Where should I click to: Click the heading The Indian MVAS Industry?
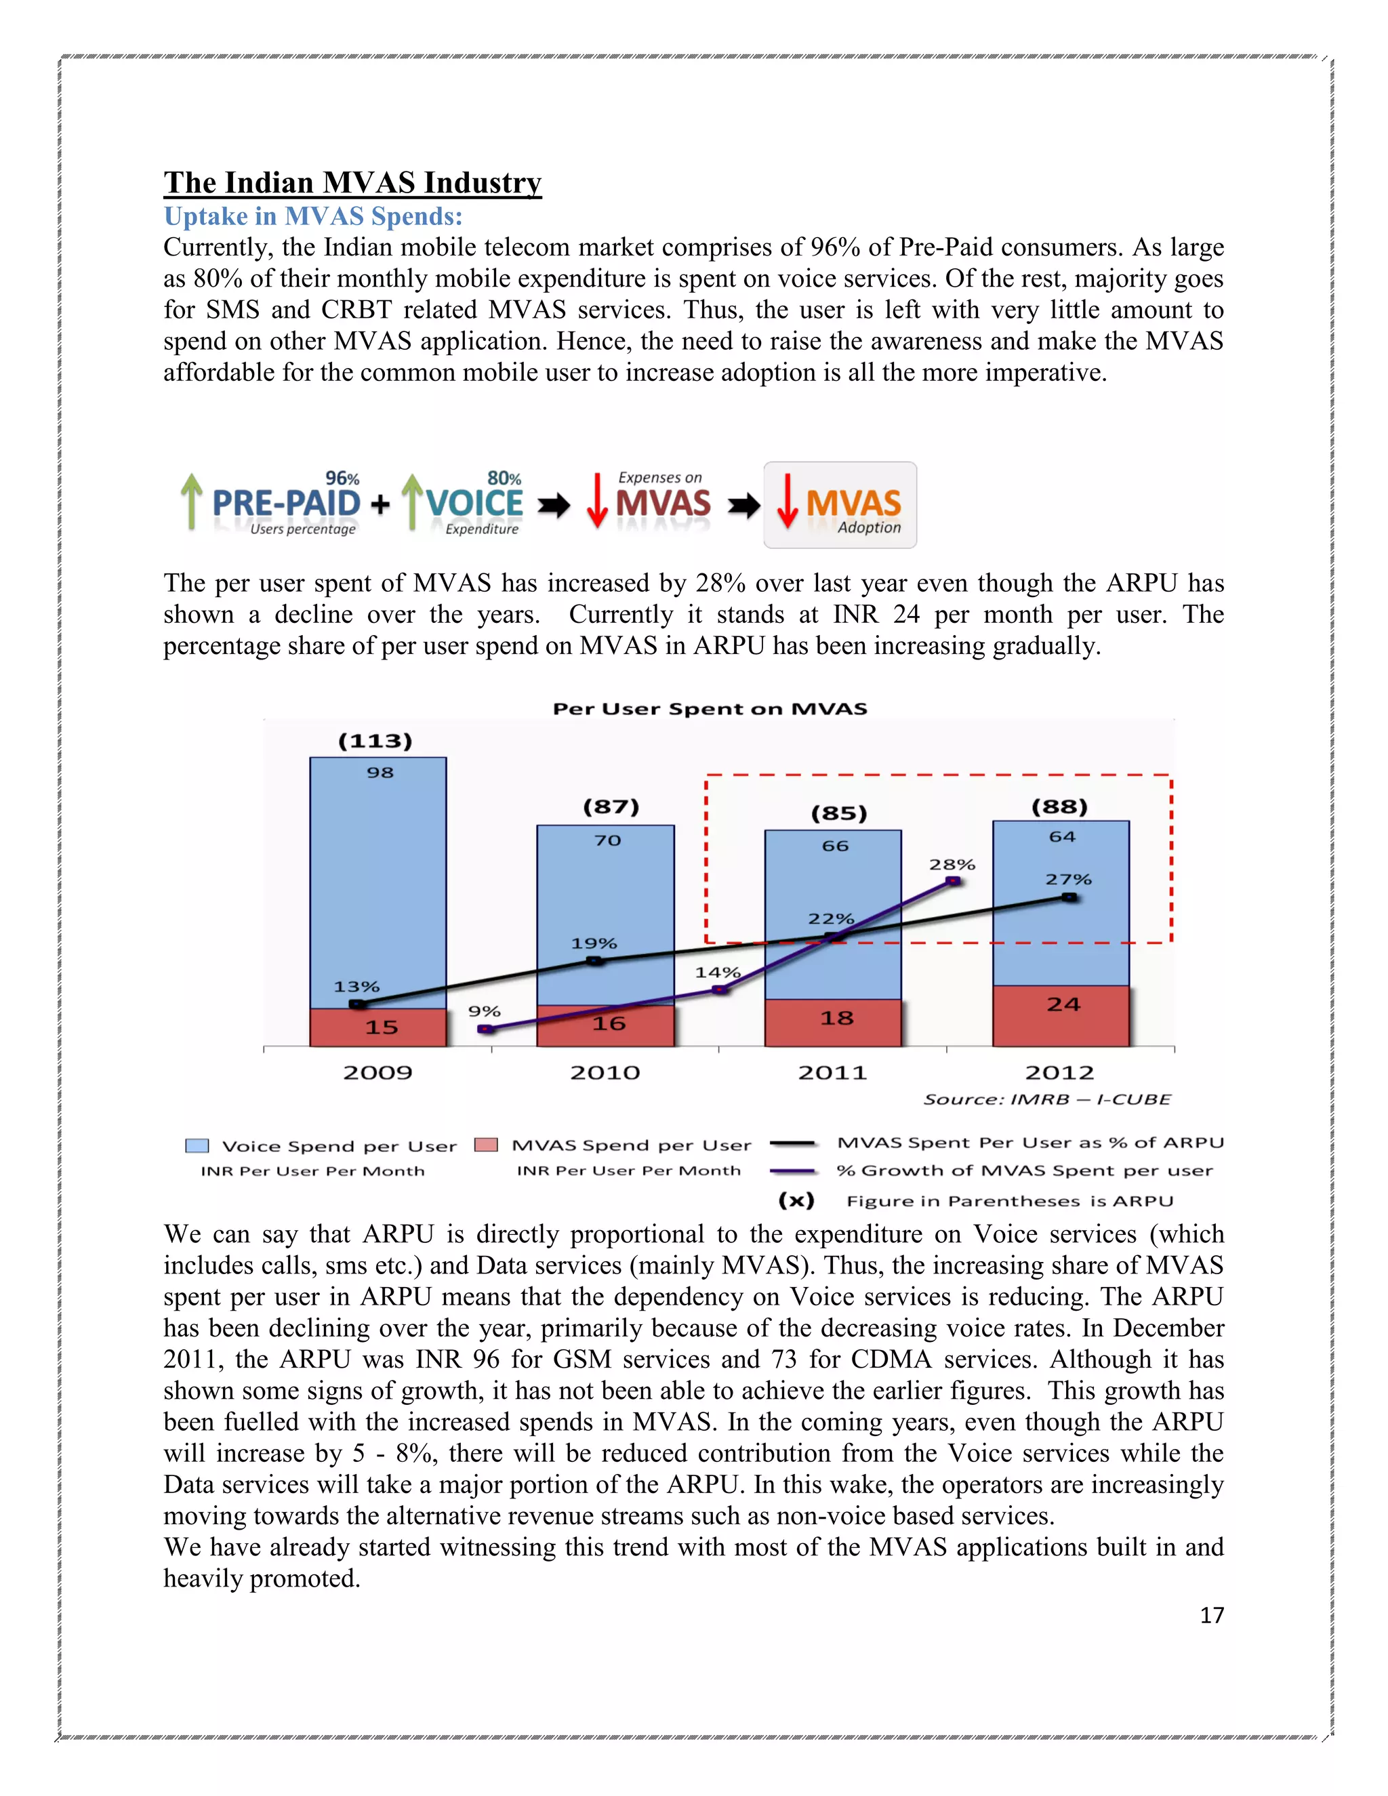[x=352, y=182]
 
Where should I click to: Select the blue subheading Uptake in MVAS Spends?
[x=312, y=216]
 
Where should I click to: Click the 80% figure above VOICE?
[x=504, y=478]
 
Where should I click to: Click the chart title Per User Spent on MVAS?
[x=710, y=709]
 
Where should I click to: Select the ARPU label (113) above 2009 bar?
[x=375, y=741]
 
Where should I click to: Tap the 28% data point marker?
[x=953, y=881]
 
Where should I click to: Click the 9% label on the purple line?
[x=485, y=1011]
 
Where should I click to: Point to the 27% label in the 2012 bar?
[x=1067, y=879]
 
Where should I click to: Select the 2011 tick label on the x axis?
[x=832, y=1072]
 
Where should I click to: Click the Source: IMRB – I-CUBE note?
[x=1046, y=1099]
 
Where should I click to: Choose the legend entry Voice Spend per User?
[x=339, y=1146]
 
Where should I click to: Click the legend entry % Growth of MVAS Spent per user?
[x=1024, y=1170]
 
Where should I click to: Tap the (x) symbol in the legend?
[x=796, y=1201]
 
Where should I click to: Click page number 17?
[x=1211, y=1615]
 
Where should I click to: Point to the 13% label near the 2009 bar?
[x=356, y=986]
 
